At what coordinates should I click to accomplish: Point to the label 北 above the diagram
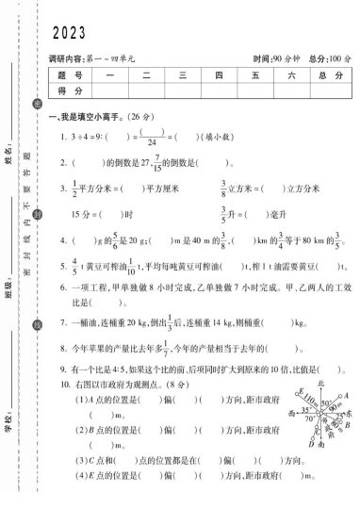(320, 385)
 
